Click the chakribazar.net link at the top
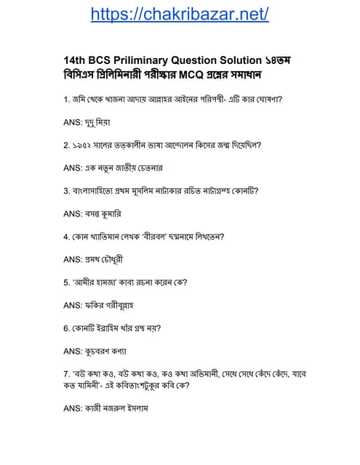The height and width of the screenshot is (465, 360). tap(180, 14)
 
